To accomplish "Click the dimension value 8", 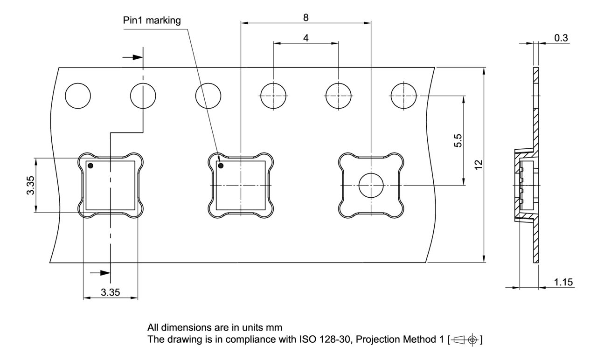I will pyautogui.click(x=305, y=17).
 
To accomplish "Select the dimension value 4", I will pyautogui.click(x=305, y=38).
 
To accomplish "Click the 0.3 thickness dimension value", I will pyautogui.click(x=562, y=38).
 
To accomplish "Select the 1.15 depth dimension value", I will pyautogui.click(x=564, y=282).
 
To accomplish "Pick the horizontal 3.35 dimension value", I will pyautogui.click(x=111, y=293).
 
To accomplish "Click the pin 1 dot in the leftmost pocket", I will pyautogui.click(x=90, y=166).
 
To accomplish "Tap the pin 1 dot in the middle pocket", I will pyautogui.click(x=221, y=166).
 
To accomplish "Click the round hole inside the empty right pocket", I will pyautogui.click(x=371, y=186).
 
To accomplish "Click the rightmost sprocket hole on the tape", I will pyautogui.click(x=403, y=96).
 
